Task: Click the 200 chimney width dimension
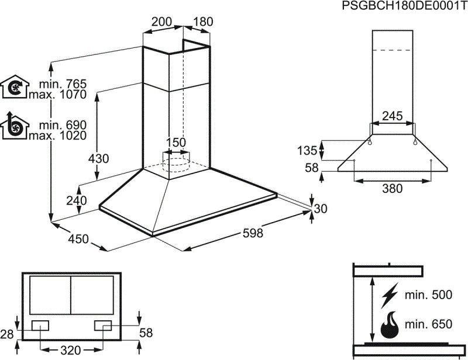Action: click(161, 22)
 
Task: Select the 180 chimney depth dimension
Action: click(202, 22)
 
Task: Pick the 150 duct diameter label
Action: click(175, 143)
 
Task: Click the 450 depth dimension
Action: click(78, 238)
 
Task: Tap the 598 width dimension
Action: click(253, 233)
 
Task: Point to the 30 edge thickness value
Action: click(321, 209)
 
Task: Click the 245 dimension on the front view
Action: click(392, 116)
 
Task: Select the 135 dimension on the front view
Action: click(307, 150)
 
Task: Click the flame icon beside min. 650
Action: click(390, 326)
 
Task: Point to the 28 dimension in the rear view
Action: click(7, 334)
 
